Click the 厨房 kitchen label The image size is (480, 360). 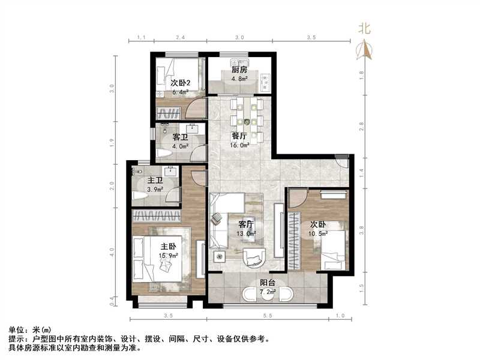pos(239,70)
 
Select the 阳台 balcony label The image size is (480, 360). pos(268,283)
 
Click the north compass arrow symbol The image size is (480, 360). pos(364,50)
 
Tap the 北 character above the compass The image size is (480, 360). pos(364,28)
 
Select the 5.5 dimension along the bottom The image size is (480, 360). pos(267,315)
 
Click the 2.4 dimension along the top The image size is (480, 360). pos(179,37)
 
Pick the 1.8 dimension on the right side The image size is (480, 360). pos(361,74)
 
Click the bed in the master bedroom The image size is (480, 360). pos(158,258)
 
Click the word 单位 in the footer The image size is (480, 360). pos(17,330)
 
